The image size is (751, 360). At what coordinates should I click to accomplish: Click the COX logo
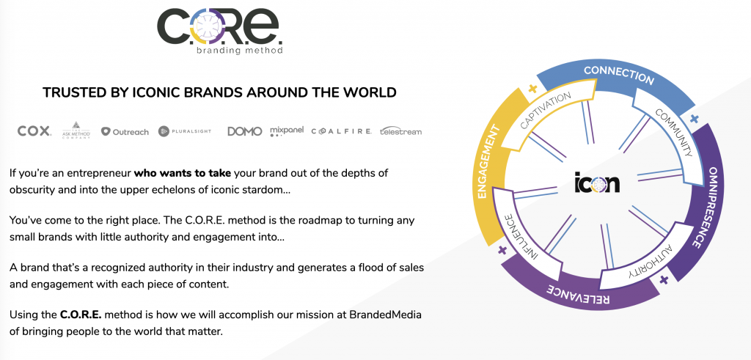pyautogui.click(x=34, y=131)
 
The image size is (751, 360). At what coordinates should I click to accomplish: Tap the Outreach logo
pyautogui.click(x=125, y=132)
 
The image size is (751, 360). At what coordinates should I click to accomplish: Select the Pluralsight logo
pyautogui.click(x=185, y=131)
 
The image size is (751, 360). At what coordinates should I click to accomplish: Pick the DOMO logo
pyautogui.click(x=245, y=131)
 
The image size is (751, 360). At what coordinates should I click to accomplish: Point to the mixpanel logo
pyautogui.click(x=287, y=131)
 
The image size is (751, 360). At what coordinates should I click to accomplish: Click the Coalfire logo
pyautogui.click(x=341, y=131)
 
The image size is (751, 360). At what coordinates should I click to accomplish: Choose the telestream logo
pyautogui.click(x=401, y=131)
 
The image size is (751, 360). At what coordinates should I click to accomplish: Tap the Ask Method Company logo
pyautogui.click(x=76, y=131)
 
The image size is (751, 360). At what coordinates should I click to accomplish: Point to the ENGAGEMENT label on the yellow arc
pyautogui.click(x=489, y=162)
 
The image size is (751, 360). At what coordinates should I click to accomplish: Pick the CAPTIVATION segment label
pyautogui.click(x=546, y=110)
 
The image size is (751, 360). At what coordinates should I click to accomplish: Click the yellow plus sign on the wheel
pyautogui.click(x=532, y=89)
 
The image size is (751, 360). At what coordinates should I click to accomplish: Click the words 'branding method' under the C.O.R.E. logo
pyautogui.click(x=240, y=51)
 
